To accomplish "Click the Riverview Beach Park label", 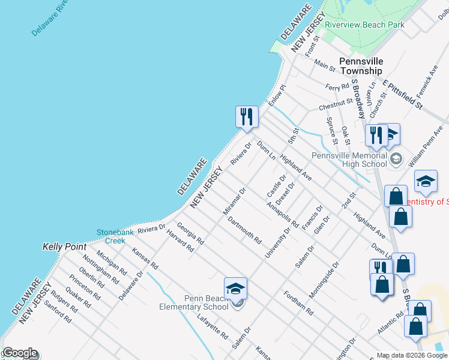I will (364, 25).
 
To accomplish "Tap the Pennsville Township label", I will (360, 66).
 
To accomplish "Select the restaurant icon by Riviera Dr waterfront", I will (247, 117).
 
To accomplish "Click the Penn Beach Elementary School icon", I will (236, 289).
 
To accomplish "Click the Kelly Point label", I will (65, 247).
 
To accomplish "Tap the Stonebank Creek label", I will (111, 236).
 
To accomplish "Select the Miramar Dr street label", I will (235, 200).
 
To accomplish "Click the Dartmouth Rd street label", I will (245, 230).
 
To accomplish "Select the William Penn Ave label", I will (429, 146).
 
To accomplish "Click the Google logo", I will (19, 353).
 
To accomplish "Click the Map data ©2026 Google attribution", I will (411, 355).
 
